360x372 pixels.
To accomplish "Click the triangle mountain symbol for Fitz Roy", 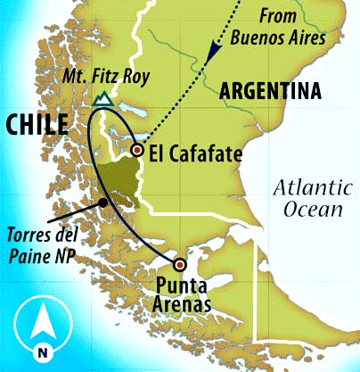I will click(105, 100).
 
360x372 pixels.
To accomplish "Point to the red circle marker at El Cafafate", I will click(136, 151).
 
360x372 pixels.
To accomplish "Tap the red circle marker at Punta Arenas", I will click(180, 264).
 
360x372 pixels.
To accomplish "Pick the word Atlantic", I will click(306, 188).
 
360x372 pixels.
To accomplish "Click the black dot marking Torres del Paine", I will click(104, 203).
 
